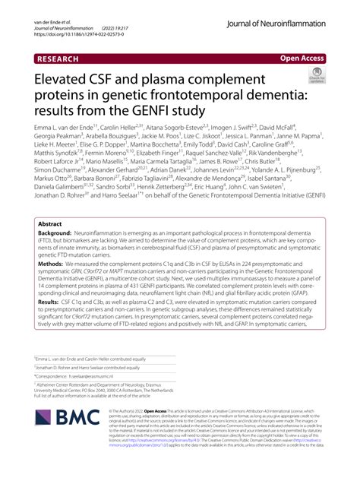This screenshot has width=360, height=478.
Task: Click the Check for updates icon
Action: pyautogui.click(x=314, y=76)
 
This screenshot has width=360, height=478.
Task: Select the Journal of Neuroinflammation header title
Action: pyautogui.click(x=281, y=24)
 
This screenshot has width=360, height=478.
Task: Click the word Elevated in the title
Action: pyautogui.click(x=68, y=80)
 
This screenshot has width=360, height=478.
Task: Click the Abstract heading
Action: pyautogui.click(x=50, y=225)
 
